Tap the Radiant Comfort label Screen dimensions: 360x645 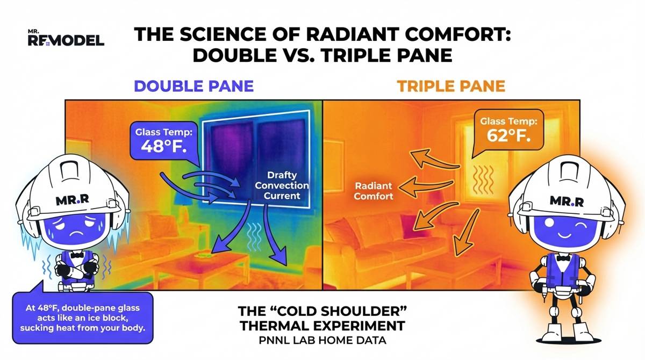(374, 191)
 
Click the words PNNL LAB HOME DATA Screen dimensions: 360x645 (322, 342)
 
